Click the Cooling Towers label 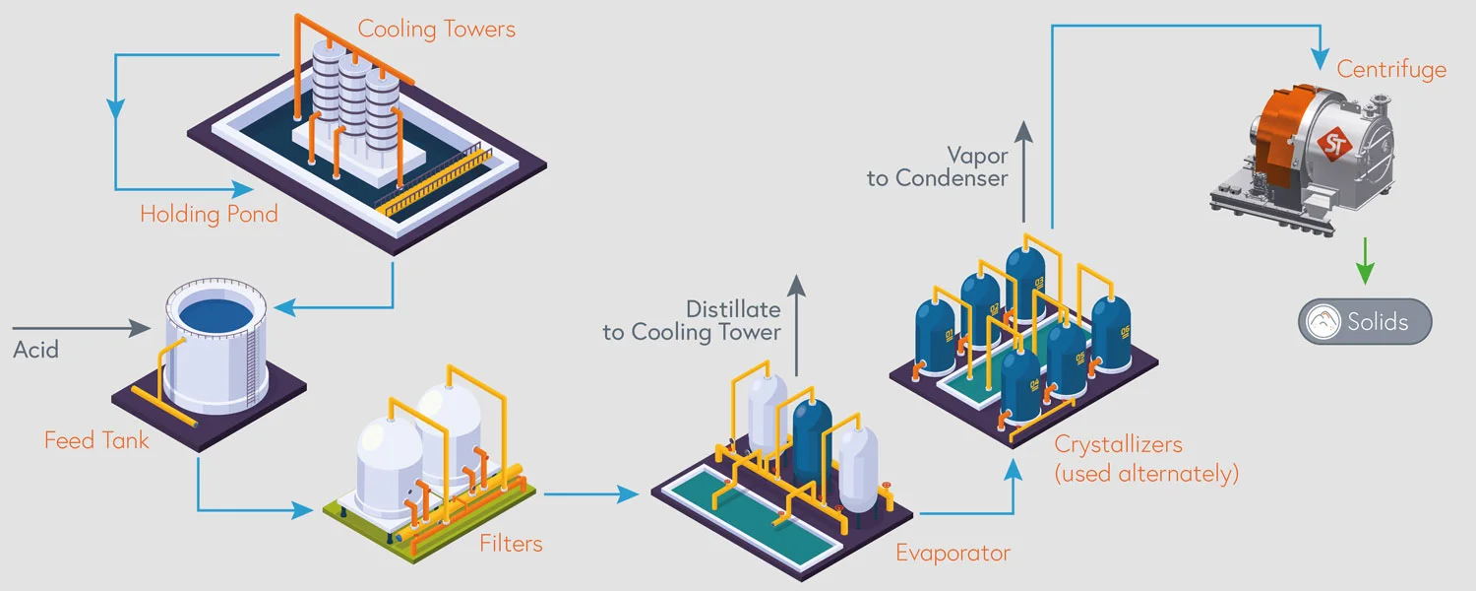coord(436,29)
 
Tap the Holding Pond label coord(209,214)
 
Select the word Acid coord(36,349)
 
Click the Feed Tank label coord(96,439)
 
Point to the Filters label coord(511,543)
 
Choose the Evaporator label coord(953,553)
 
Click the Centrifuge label coord(1391,69)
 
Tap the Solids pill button coord(1365,321)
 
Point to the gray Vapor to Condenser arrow coord(1023,172)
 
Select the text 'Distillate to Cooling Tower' coord(692,320)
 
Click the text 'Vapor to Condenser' coord(938,166)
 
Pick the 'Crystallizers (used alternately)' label coord(1145,459)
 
